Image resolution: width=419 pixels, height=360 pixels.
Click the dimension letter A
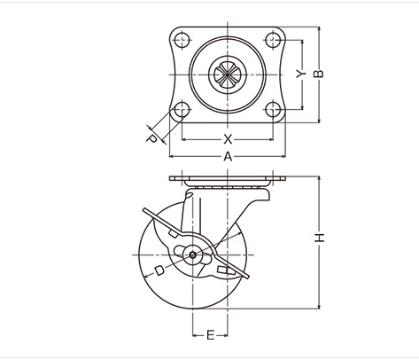pos(228,156)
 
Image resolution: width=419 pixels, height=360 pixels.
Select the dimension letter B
pos(319,74)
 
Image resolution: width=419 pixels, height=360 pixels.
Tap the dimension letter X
pos(228,139)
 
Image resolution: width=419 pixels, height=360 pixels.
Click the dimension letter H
pos(319,238)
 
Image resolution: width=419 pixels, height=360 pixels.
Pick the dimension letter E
pos(210,335)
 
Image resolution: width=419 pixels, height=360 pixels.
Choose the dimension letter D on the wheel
pos(159,270)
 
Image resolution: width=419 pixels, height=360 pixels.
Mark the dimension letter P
pos(151,138)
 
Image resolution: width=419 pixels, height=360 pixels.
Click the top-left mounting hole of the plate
pos(182,39)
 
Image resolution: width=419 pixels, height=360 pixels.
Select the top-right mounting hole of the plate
pos(273,39)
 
